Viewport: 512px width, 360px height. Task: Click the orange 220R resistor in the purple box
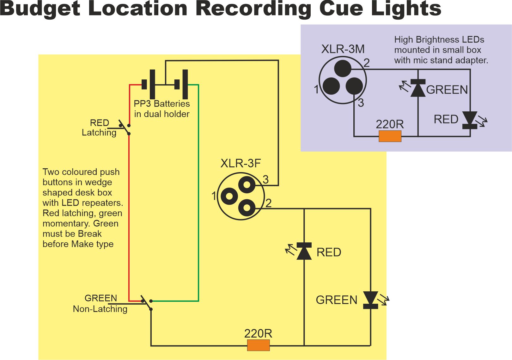390,136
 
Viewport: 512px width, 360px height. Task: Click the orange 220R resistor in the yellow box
258,345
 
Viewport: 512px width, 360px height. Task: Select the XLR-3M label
343,49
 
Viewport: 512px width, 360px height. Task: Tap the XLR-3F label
241,164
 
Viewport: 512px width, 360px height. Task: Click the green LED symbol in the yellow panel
370,300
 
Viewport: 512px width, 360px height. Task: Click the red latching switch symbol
125,128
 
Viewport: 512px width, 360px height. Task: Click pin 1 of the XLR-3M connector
331,86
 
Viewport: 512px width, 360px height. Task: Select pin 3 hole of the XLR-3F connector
247,185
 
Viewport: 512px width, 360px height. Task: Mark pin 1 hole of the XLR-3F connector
229,196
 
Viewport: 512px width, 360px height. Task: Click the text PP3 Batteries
162,104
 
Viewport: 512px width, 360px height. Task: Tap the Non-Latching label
100,309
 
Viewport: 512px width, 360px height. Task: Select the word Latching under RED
99,133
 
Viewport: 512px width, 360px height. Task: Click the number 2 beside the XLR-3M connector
367,63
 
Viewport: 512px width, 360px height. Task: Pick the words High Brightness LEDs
439,40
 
